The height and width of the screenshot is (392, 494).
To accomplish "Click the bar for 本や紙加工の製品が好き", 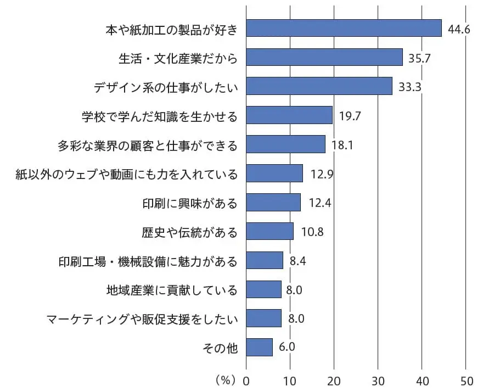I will (344, 28).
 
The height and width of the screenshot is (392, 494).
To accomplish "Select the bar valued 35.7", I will (324, 57).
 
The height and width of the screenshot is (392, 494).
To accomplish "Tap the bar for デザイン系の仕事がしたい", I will (319, 86).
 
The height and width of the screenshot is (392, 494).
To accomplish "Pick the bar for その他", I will (259, 347).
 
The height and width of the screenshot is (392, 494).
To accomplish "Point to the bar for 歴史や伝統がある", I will (270, 231).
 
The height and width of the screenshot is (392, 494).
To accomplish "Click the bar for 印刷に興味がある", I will (273, 202).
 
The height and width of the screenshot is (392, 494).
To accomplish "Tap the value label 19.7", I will (350, 116).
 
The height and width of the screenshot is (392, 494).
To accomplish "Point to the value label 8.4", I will (297, 260).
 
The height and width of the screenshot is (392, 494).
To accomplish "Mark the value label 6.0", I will (287, 347).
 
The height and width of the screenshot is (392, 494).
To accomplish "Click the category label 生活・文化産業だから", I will (178, 58).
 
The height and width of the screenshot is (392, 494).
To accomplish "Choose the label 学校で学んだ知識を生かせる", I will (159, 116).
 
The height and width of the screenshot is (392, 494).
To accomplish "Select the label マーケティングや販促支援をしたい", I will (142, 318).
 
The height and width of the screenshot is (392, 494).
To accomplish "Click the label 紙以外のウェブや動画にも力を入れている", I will (128, 174).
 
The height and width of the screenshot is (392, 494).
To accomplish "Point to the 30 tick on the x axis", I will (378, 380).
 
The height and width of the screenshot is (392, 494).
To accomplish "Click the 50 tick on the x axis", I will (465, 380).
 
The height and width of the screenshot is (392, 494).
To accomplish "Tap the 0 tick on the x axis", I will (246, 380).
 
